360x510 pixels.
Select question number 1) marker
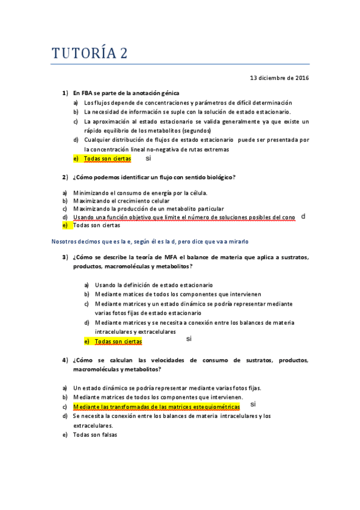click(65, 93)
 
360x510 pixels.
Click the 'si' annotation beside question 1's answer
click(148, 158)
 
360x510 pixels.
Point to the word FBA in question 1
click(87, 93)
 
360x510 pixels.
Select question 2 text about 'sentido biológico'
click(154, 177)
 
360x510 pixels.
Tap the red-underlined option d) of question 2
click(184, 217)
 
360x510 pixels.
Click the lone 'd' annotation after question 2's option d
click(304, 216)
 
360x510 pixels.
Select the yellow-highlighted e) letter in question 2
click(65, 226)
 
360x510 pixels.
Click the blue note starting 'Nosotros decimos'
click(150, 241)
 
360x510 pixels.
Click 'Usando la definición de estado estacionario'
click(153, 284)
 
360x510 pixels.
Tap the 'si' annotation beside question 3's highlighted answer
click(189, 339)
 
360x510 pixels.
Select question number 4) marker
click(65, 360)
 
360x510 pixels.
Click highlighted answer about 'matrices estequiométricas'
click(156, 407)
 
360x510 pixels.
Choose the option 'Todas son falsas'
click(96, 435)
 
